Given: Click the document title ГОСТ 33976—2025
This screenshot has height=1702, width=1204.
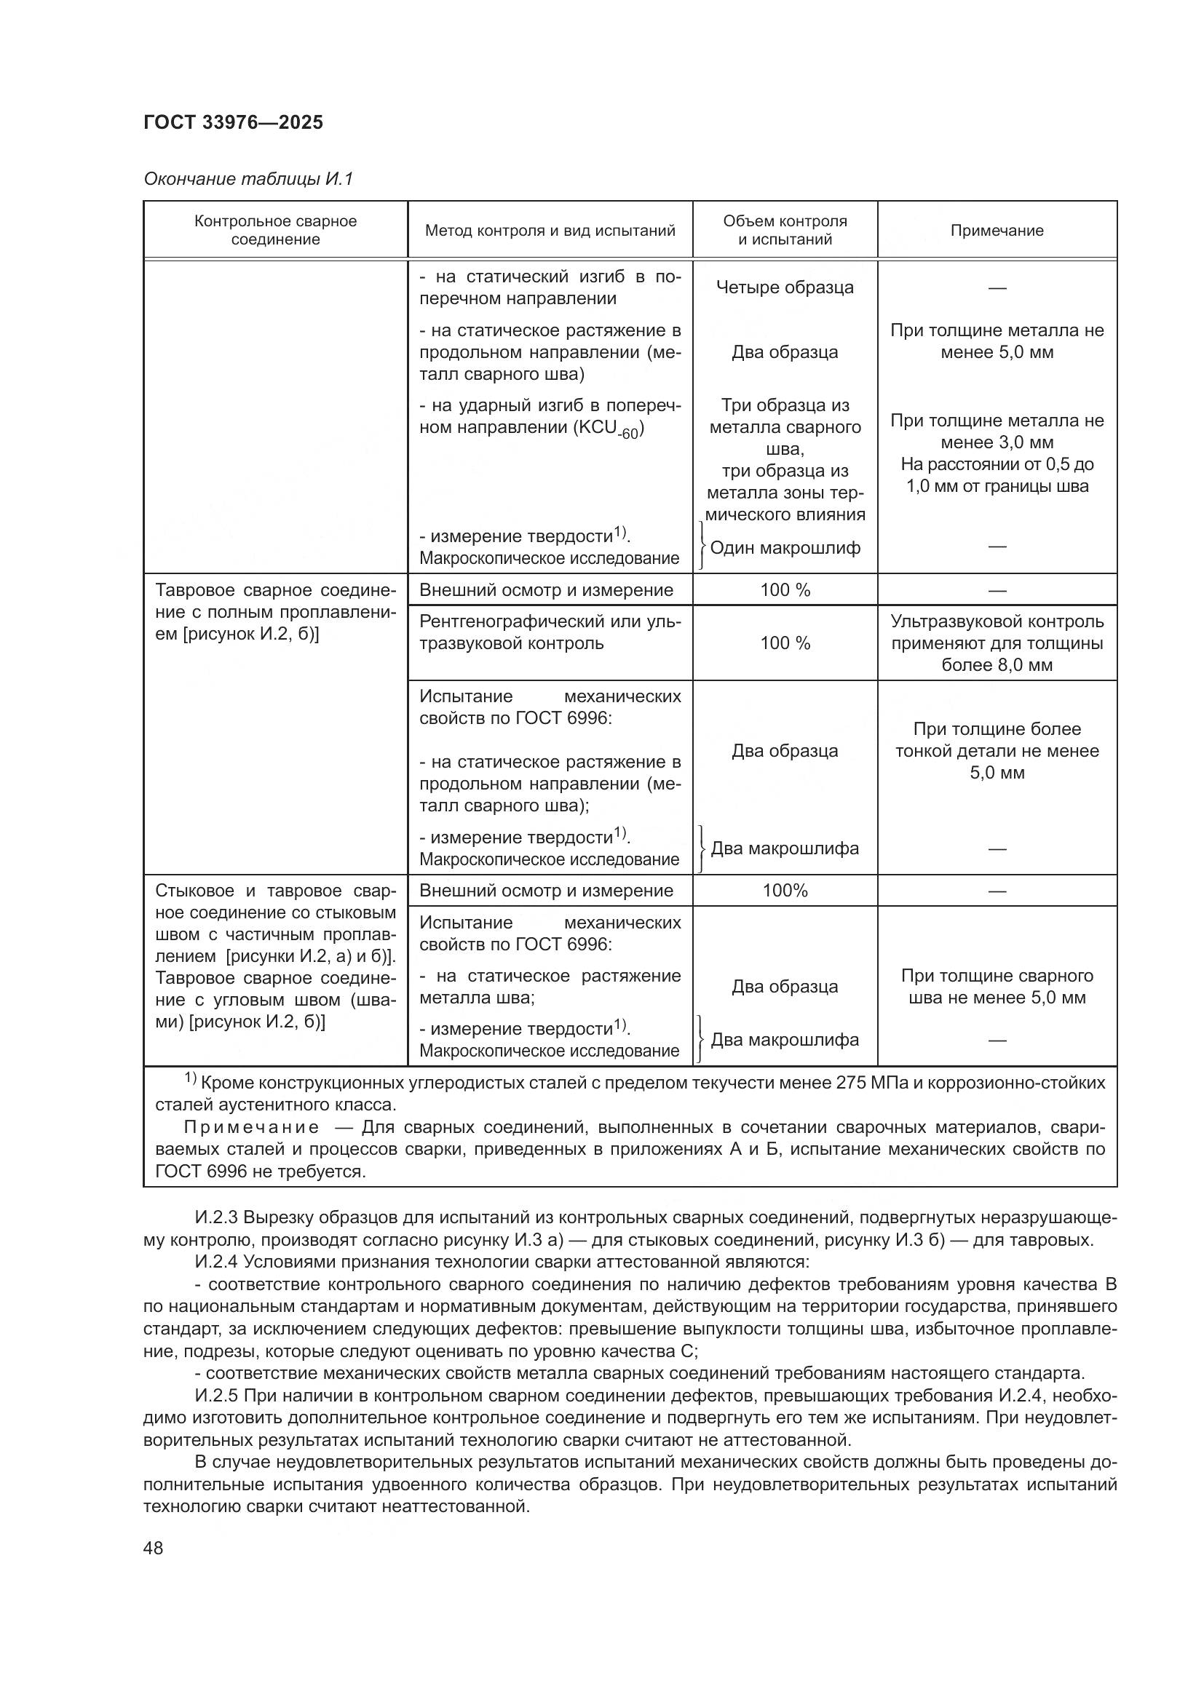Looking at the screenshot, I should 233,122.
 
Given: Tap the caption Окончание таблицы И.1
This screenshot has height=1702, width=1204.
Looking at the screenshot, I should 248,179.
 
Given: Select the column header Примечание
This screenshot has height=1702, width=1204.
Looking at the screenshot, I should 997,231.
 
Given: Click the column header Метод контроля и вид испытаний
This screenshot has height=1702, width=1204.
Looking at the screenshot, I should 550,231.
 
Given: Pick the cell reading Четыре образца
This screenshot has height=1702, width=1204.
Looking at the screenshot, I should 785,287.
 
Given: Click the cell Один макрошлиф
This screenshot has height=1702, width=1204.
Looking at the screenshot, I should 785,548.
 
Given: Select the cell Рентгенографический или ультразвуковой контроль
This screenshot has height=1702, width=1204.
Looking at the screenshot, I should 550,632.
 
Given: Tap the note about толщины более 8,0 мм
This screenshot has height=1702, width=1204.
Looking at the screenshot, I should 997,643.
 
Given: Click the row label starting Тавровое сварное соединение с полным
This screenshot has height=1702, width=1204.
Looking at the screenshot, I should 275,612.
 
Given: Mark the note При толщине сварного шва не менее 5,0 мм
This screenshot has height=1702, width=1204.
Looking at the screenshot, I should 997,987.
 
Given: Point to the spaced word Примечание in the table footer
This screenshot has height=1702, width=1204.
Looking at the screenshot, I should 251,1127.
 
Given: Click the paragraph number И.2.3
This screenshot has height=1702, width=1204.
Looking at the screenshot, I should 216,1218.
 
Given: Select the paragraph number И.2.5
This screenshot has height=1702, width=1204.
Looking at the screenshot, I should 216,1396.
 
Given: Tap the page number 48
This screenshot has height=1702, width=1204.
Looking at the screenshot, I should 154,1548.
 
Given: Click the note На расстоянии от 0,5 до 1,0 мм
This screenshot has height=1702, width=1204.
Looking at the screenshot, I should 997,475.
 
